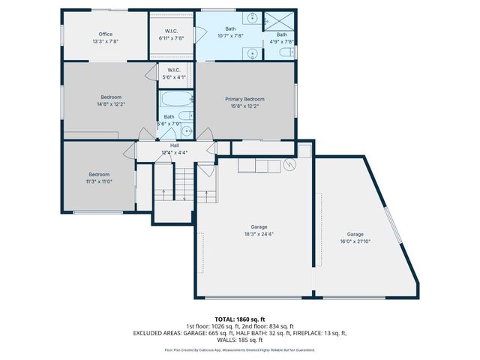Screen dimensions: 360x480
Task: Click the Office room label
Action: (106, 34)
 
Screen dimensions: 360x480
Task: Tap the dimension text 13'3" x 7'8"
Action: (106, 41)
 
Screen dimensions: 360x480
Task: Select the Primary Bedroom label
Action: (244, 99)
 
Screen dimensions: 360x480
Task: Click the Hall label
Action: (174, 145)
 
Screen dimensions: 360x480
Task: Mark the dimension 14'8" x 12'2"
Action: (111, 104)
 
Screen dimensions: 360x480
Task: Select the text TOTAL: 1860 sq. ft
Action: (239, 319)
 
